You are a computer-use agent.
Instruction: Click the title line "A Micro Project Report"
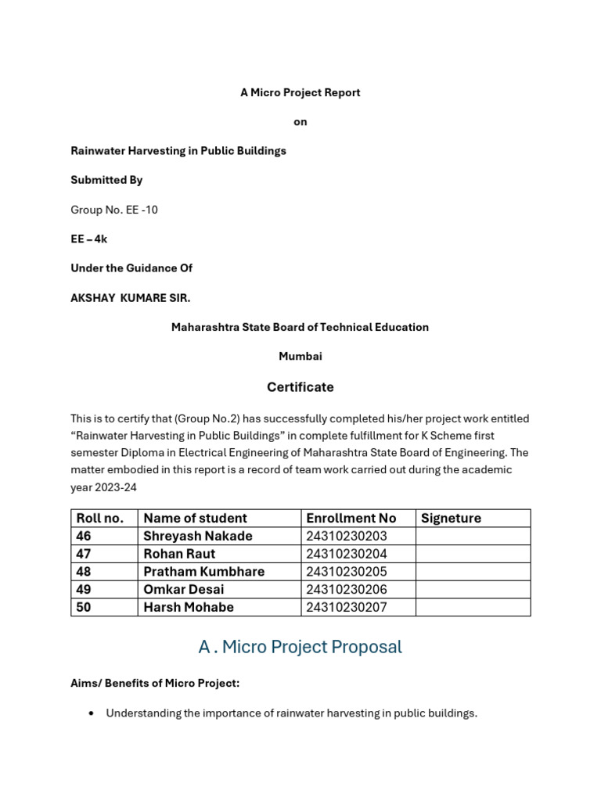(x=300, y=92)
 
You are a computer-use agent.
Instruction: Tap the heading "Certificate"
(x=300, y=387)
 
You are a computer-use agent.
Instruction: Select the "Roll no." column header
(x=99, y=518)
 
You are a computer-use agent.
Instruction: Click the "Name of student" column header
(x=195, y=518)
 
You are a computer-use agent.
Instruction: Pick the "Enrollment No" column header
(x=351, y=518)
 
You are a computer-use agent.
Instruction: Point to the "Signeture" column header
(x=451, y=518)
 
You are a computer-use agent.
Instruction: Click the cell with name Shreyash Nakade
(x=198, y=536)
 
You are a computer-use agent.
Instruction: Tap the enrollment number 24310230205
(x=347, y=572)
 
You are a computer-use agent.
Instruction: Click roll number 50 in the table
(x=84, y=607)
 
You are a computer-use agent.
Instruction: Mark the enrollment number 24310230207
(x=347, y=607)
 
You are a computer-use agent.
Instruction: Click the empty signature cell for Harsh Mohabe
(x=473, y=607)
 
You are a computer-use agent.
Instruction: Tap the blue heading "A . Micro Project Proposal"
(x=300, y=647)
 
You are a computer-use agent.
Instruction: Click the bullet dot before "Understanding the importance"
(x=92, y=713)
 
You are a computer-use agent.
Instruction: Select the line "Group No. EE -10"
(x=114, y=210)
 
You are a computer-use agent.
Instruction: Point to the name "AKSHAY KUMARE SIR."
(x=131, y=298)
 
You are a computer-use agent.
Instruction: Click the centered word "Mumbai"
(x=300, y=356)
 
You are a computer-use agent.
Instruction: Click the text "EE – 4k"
(x=89, y=239)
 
